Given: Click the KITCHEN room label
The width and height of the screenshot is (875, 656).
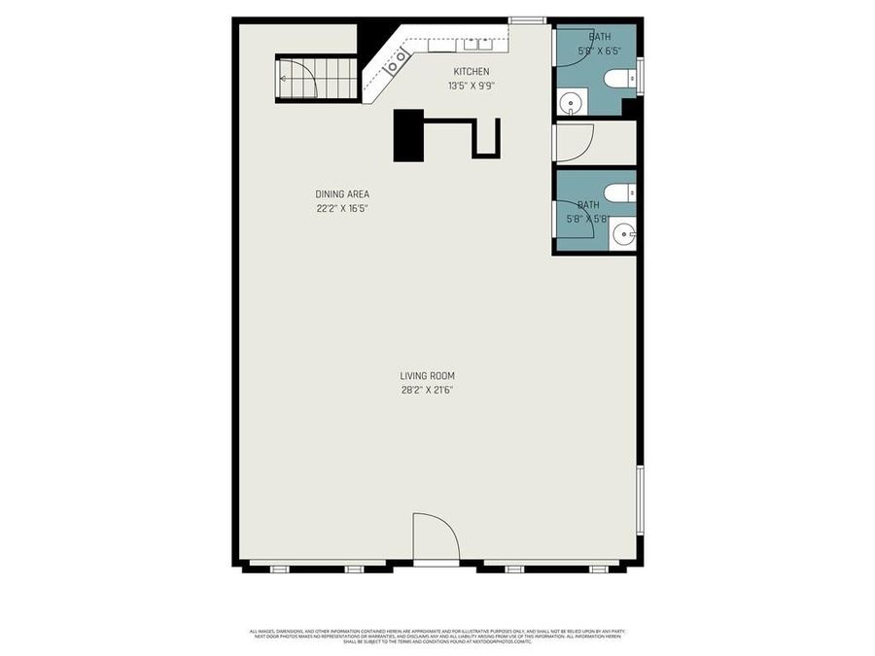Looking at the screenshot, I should (471, 72).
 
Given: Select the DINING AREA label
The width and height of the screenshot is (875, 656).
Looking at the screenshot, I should (342, 194).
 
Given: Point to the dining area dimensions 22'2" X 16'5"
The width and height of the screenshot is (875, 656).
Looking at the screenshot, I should (342, 208).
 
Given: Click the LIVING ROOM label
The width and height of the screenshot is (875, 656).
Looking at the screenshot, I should (427, 376).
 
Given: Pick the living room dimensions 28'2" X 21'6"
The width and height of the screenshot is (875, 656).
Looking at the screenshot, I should (427, 390).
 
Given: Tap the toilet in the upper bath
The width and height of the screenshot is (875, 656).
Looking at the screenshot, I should (620, 79).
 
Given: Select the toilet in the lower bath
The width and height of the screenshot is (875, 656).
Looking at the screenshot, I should (618, 192).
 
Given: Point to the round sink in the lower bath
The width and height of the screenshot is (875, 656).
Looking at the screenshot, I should (623, 233).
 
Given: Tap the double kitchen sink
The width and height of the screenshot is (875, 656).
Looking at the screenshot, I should (475, 45).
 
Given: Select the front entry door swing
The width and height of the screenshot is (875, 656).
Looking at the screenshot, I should (435, 537).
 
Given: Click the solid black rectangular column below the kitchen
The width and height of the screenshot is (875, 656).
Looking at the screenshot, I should (408, 135).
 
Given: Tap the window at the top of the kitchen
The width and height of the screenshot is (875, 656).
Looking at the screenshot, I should (527, 19).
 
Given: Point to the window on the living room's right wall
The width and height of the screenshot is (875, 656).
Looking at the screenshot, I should (640, 500).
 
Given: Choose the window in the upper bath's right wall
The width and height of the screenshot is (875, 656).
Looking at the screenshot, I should (639, 76).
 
